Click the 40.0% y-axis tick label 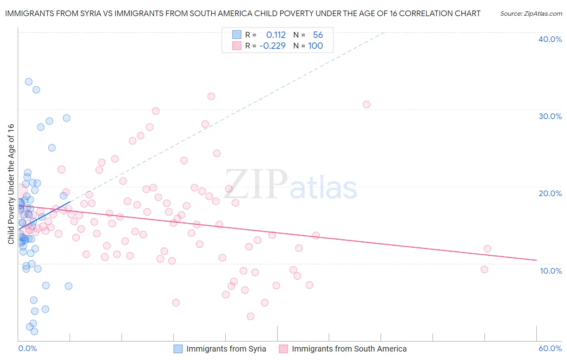[550, 39]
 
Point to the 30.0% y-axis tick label [550, 116]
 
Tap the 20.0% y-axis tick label [550, 193]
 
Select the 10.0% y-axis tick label [551, 271]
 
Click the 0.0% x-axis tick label [27, 348]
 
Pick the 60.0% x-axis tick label [550, 348]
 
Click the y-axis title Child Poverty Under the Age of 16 [11, 184]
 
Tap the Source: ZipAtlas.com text [531, 13]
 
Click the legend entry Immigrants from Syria [226, 349]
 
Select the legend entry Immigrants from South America [349, 349]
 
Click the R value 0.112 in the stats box [276, 35]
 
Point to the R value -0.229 [272, 46]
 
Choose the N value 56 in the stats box [318, 35]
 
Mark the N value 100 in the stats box [315, 46]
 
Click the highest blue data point [29, 82]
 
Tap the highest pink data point [211, 96]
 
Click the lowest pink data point [250, 316]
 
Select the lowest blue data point [34, 331]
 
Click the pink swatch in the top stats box [236, 46]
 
